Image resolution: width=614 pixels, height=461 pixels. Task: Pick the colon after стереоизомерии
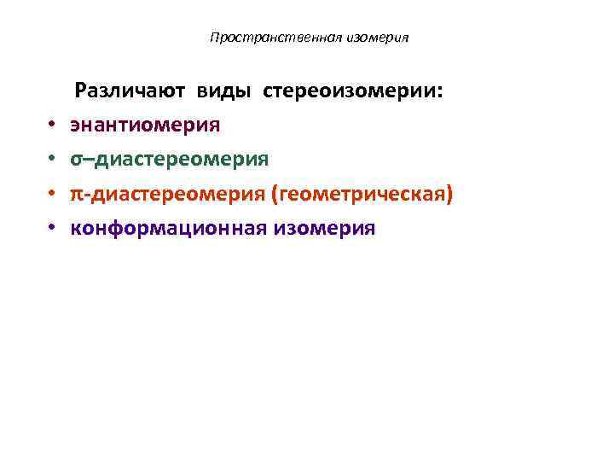[440, 93]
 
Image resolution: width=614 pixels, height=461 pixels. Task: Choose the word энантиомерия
[145, 125]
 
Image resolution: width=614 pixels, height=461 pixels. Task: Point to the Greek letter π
[77, 195]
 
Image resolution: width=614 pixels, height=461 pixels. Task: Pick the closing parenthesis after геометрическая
[449, 195]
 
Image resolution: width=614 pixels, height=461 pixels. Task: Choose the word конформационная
[169, 229]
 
